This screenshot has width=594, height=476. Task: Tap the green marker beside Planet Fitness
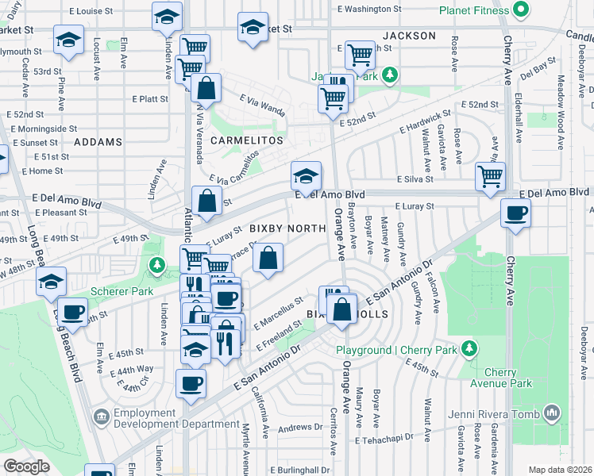[521, 10]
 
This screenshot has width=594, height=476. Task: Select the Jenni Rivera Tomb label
[493, 413]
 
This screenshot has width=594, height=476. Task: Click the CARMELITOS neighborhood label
[247, 140]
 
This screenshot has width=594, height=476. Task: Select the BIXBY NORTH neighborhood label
[287, 228]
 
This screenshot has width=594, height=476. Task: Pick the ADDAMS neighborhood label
[98, 142]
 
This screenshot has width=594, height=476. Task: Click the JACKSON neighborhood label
[409, 36]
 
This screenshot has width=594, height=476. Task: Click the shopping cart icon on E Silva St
[491, 176]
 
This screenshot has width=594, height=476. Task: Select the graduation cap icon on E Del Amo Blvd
[305, 176]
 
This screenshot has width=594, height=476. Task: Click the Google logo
[26, 466]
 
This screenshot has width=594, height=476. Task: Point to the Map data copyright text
[561, 470]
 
